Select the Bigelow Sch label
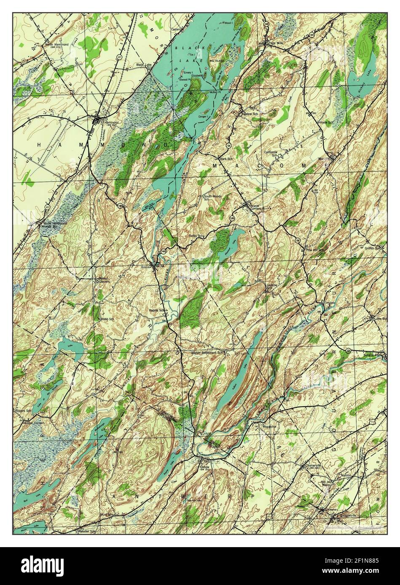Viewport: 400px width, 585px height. point(249,114)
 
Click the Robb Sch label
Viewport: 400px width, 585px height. point(107,319)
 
